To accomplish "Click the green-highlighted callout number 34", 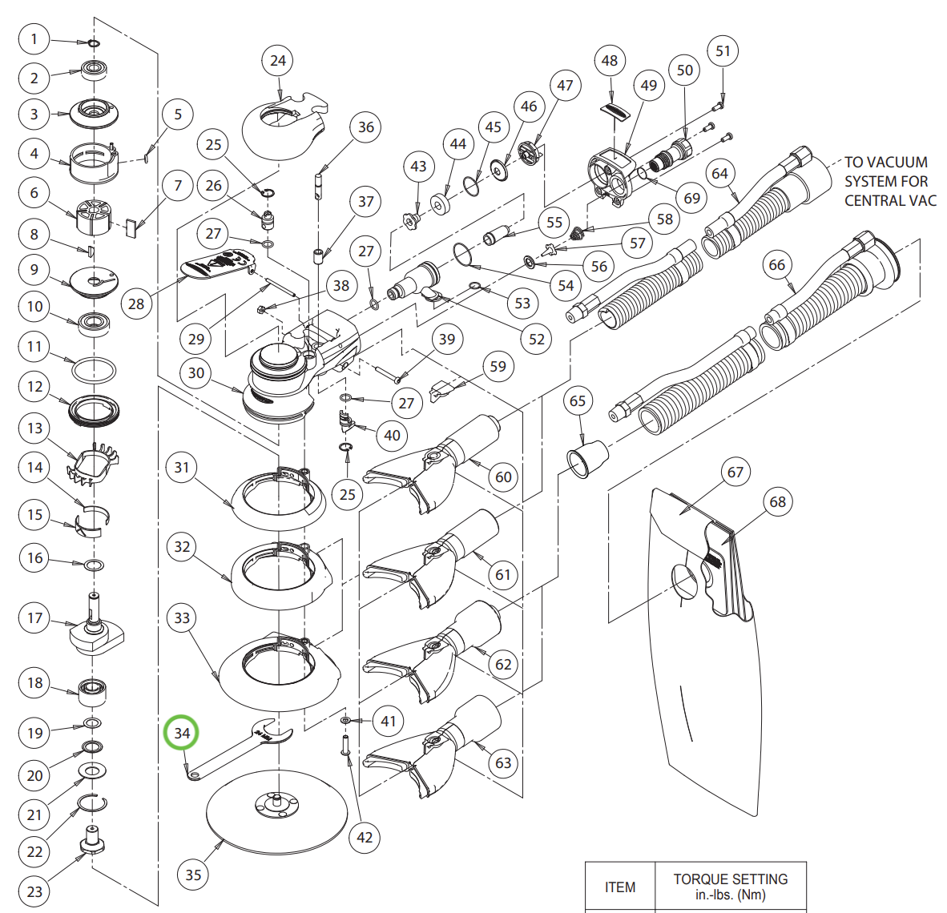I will (182, 733).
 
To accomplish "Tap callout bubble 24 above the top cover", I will (278, 61).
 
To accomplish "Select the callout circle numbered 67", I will (735, 473).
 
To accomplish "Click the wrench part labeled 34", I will (240, 749).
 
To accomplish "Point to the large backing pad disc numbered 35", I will (276, 813).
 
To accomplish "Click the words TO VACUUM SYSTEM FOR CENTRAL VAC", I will (889, 181).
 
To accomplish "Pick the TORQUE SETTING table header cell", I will (730, 887).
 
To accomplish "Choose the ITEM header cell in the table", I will (620, 887).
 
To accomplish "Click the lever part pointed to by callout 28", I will (216, 264).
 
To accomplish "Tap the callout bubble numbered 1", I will (34, 38).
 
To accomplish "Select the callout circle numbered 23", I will (34, 891).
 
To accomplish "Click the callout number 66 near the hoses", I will (777, 265).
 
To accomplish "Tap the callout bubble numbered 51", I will (723, 51).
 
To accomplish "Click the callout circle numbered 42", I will (365, 837).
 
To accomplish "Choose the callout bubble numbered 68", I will (778, 502).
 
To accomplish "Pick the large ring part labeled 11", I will (94, 370).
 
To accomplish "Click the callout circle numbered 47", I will (566, 86).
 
